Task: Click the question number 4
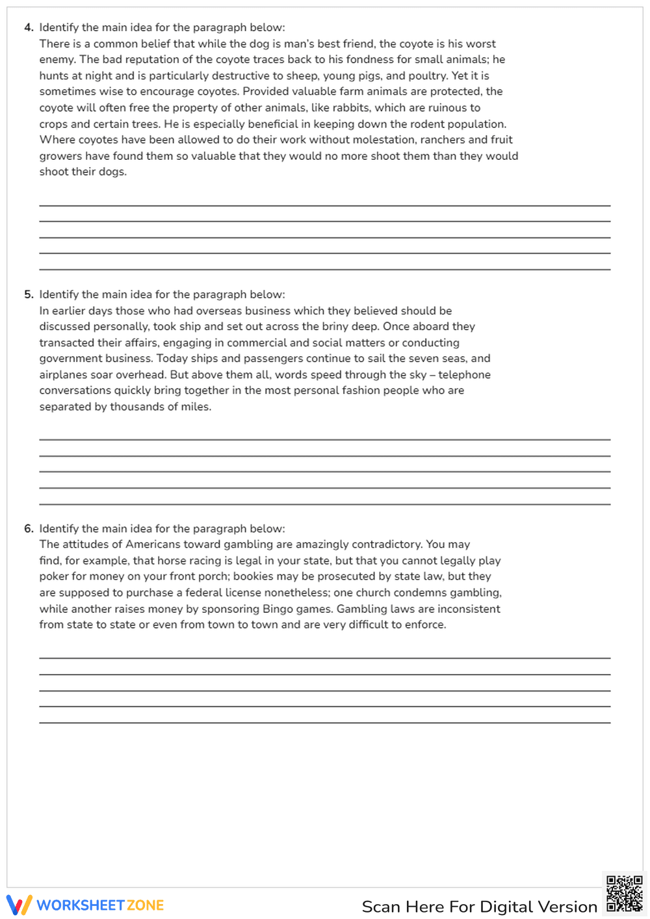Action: pyautogui.click(x=28, y=27)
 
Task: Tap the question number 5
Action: pyautogui.click(x=28, y=294)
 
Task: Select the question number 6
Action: pyautogui.click(x=28, y=529)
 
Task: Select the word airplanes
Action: pyautogui.click(x=64, y=375)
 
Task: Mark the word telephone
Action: pyautogui.click(x=464, y=375)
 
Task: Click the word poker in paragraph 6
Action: pyautogui.click(x=54, y=576)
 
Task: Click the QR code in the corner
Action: pyautogui.click(x=624, y=894)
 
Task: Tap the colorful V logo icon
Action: pyautogui.click(x=19, y=905)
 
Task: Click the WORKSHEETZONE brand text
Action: pyautogui.click(x=100, y=905)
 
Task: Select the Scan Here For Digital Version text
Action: pyautogui.click(x=479, y=907)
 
